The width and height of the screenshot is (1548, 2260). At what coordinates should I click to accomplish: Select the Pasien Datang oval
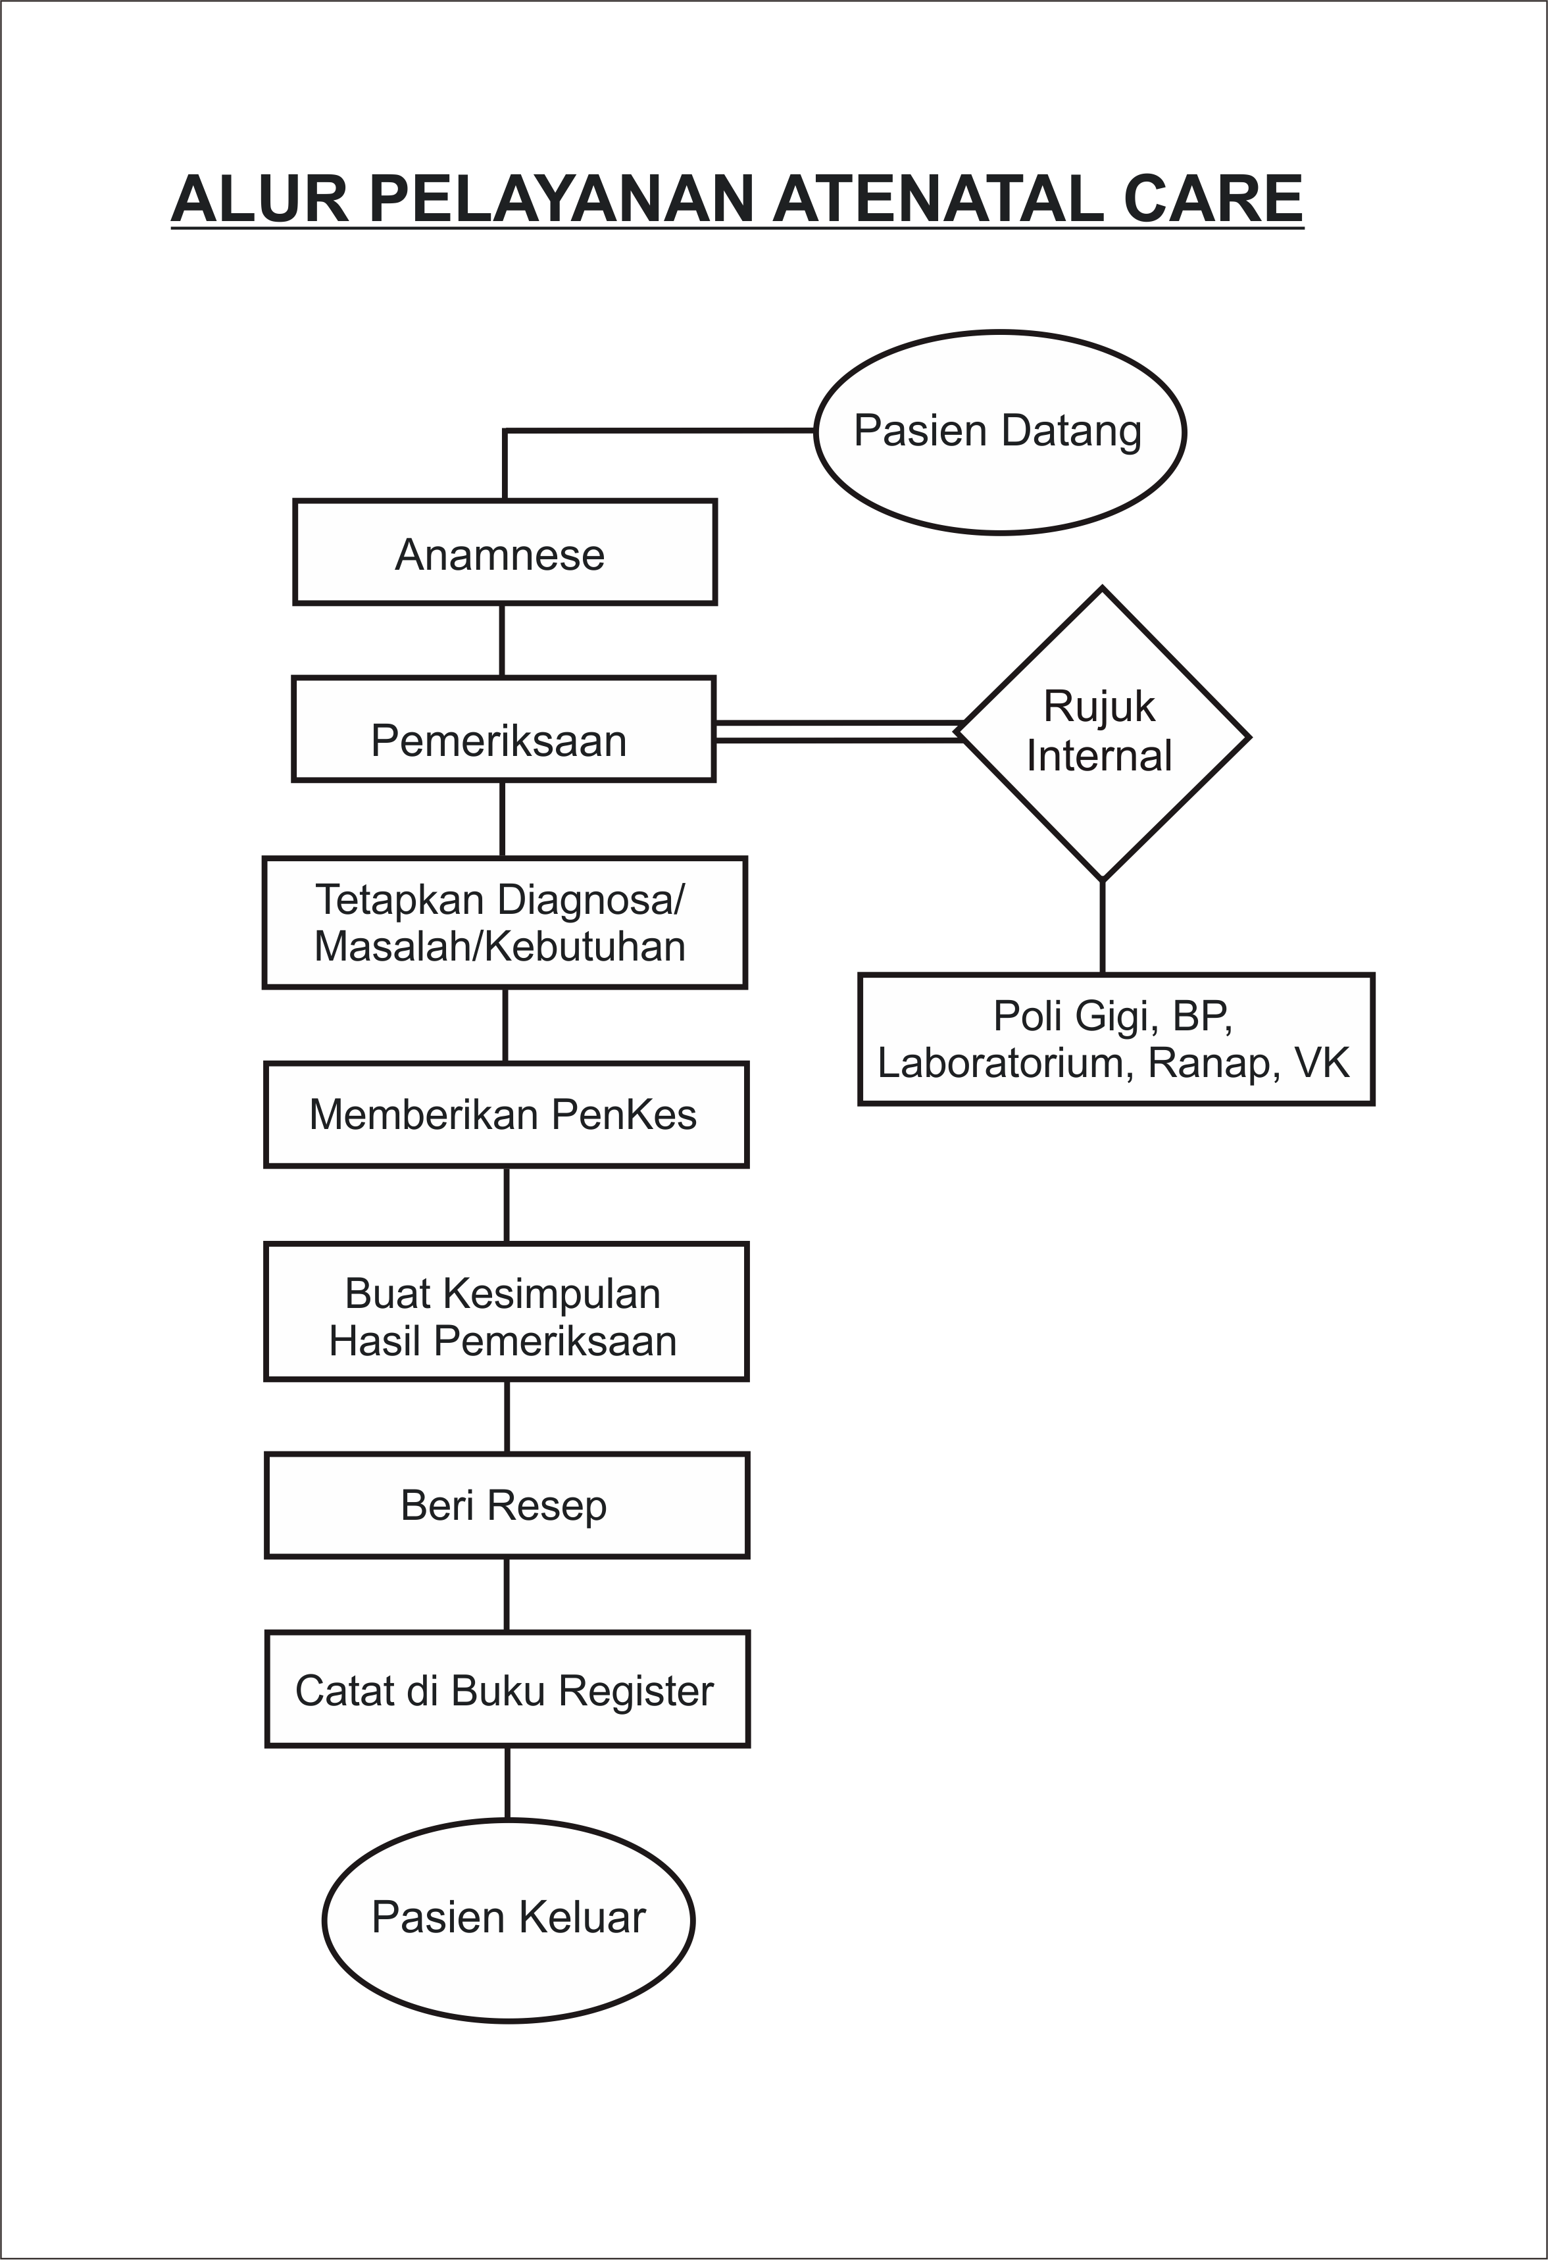(x=999, y=432)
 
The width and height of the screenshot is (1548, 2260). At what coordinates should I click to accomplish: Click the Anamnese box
(x=505, y=553)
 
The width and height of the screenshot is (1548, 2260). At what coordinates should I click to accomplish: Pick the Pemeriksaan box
(x=504, y=730)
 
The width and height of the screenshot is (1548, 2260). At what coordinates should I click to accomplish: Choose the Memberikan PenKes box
(x=506, y=1115)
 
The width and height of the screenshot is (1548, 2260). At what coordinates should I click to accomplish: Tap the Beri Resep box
(x=507, y=1505)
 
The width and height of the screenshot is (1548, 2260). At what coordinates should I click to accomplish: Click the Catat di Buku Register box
(x=507, y=1690)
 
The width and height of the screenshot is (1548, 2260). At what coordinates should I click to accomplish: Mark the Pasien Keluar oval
(x=509, y=1919)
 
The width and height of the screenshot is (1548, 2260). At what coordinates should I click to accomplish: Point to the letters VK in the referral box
(x=1322, y=1063)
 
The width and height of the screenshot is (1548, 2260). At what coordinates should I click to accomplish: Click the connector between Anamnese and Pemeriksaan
(x=502, y=641)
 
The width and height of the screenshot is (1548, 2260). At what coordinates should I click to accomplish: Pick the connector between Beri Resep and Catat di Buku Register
(x=507, y=1595)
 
